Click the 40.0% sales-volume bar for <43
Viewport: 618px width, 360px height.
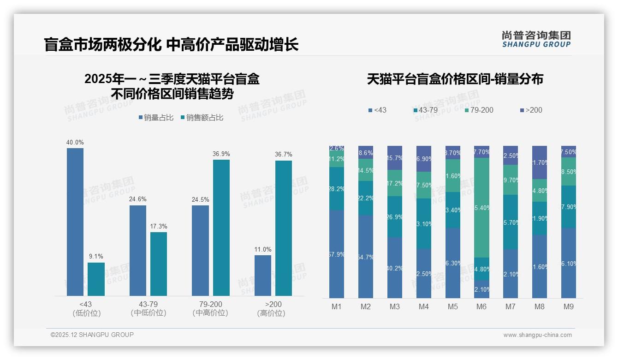tap(75, 222)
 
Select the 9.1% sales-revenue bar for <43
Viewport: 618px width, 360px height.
tap(96, 279)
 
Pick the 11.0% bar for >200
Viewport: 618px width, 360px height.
tap(263, 276)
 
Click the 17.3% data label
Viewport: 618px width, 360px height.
tap(159, 227)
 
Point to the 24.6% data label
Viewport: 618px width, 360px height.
tap(138, 199)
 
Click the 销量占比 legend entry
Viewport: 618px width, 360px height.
tap(156, 118)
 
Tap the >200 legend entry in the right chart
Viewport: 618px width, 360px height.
tap(531, 110)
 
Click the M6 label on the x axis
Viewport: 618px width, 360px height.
tap(481, 306)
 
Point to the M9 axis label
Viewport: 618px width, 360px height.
tap(569, 306)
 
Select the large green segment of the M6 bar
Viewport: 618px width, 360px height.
tap(481, 208)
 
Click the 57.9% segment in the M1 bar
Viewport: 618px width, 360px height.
tap(337, 254)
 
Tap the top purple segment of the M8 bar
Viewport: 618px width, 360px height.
tap(540, 162)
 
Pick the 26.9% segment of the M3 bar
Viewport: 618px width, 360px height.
tap(395, 217)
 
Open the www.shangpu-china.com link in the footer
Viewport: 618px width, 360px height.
tap(537, 335)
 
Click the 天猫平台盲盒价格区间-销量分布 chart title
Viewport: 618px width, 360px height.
tap(455, 79)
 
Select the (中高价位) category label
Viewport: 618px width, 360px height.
tap(210, 313)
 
